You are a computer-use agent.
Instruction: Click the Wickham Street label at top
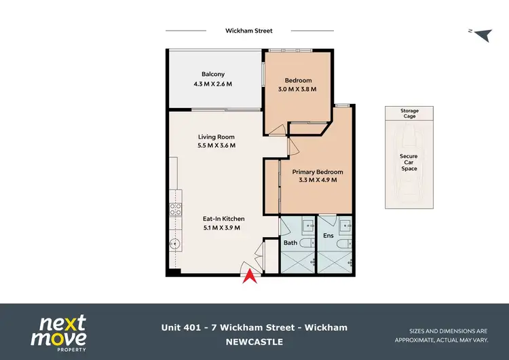(248, 31)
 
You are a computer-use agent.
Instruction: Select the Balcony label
(212, 74)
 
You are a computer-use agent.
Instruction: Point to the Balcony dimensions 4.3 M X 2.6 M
(212, 85)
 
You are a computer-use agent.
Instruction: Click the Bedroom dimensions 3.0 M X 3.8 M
(297, 90)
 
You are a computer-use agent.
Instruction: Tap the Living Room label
(215, 136)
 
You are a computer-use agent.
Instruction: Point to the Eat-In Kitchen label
(223, 219)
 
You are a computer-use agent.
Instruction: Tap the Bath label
(290, 242)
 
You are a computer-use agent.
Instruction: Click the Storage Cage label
(409, 113)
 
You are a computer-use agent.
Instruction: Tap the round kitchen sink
(174, 243)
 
